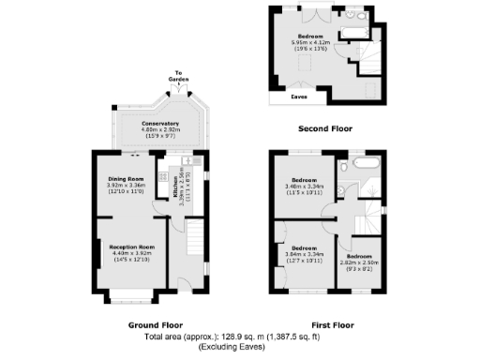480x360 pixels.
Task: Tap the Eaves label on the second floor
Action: coord(300,96)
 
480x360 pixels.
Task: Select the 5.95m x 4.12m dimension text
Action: coord(310,43)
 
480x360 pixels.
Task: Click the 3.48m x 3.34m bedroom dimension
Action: coord(306,187)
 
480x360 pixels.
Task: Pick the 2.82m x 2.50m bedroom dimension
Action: coord(361,263)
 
